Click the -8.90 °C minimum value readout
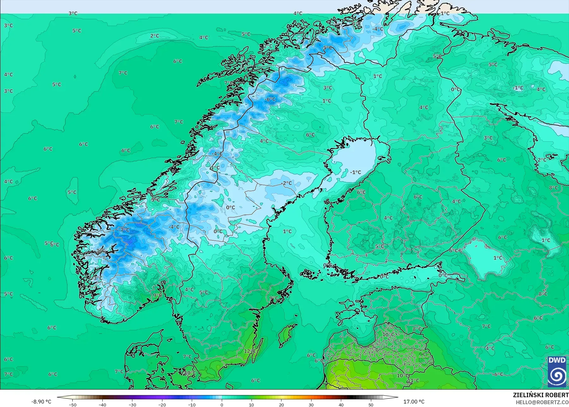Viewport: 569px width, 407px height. point(41,402)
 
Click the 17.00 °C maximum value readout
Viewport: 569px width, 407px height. point(414,402)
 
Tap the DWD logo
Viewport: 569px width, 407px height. point(557,372)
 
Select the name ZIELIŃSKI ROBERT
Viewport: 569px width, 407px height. point(541,395)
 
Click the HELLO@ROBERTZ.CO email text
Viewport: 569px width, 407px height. point(542,402)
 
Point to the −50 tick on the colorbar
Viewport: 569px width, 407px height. point(72,404)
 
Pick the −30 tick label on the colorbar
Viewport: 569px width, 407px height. point(132,404)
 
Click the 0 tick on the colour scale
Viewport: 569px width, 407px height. point(222,404)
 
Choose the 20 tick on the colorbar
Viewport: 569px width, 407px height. point(281,404)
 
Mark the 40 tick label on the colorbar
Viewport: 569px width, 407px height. point(341,404)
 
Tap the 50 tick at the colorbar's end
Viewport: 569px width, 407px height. point(371,404)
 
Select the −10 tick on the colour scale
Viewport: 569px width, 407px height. point(192,404)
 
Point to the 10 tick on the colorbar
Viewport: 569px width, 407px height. point(251,404)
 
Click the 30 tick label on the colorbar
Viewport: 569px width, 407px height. point(311,404)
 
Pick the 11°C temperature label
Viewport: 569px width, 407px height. point(413,380)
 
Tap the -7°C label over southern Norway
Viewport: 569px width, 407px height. point(125,230)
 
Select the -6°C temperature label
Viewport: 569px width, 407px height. point(270,99)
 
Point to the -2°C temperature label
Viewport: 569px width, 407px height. point(287,183)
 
